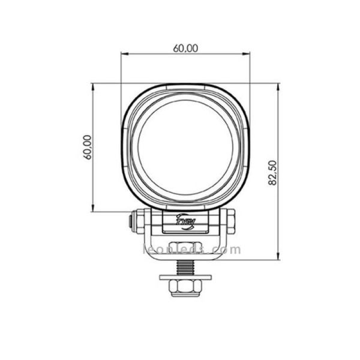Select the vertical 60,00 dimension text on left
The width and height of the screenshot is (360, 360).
[88, 147]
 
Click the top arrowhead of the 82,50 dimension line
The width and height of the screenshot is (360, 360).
[278, 86]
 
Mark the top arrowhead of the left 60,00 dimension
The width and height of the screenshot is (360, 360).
[94, 86]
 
